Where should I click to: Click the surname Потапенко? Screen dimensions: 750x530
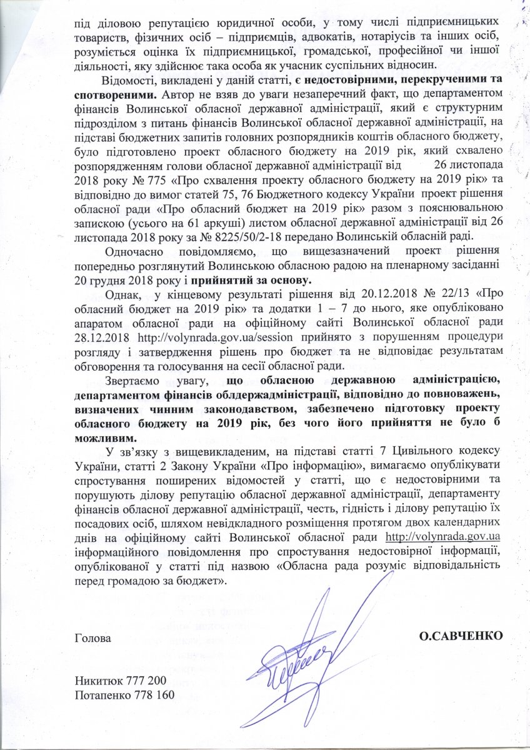click(x=99, y=695)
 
